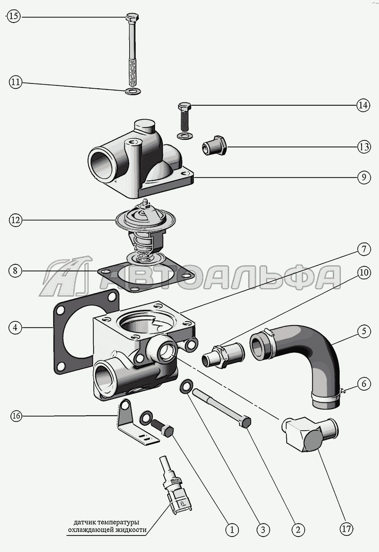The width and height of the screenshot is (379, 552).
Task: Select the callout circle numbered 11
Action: pos(15,82)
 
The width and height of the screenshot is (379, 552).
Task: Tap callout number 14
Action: pos(363,105)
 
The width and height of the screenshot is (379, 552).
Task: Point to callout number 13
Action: pos(363,147)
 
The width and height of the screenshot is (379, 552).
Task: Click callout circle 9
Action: pos(363,178)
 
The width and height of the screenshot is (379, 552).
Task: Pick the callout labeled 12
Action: pos(15,220)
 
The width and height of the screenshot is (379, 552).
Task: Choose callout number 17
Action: pos(347,538)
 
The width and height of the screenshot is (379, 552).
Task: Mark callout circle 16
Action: pos(16,416)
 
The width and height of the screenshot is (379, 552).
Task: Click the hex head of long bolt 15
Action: pos(132,17)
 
